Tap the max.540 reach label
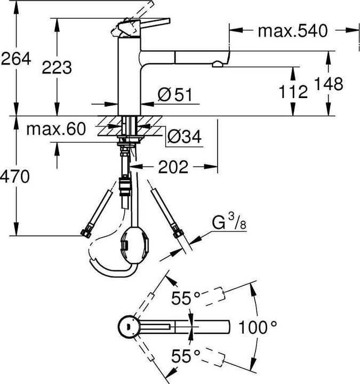292,31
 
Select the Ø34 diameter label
183,138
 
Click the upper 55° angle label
186,299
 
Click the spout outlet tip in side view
219,64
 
